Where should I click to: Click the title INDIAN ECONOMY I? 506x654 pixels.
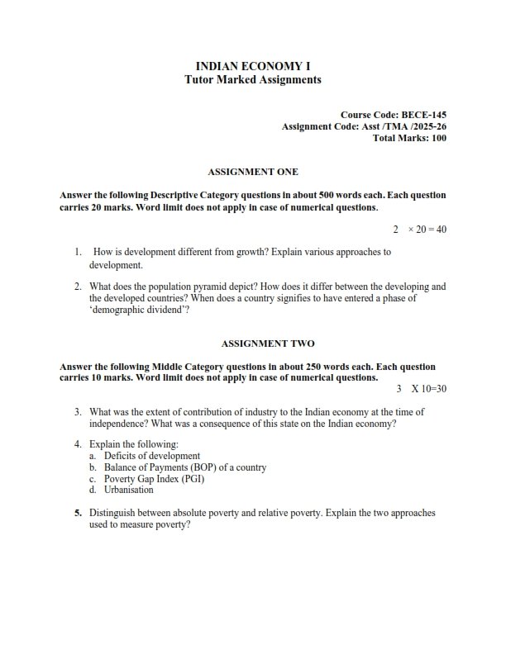[x=253, y=65]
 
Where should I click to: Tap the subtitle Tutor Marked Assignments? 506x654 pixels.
[x=253, y=80]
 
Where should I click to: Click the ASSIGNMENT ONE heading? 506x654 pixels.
[x=253, y=172]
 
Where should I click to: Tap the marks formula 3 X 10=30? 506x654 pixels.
[x=422, y=388]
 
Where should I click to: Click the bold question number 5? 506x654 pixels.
[x=78, y=513]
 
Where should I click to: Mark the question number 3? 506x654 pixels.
[x=78, y=411]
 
